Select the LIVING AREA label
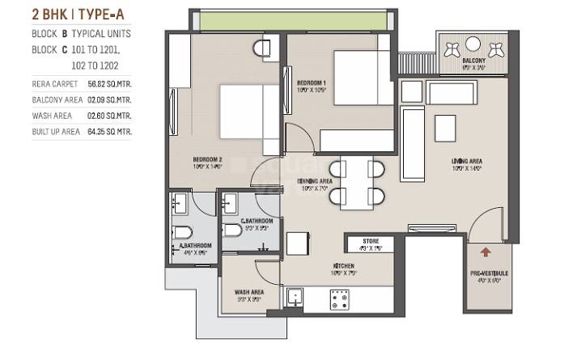click(x=467, y=161)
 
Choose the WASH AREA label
click(x=247, y=293)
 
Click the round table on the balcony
click(x=475, y=44)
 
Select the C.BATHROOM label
click(x=257, y=221)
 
